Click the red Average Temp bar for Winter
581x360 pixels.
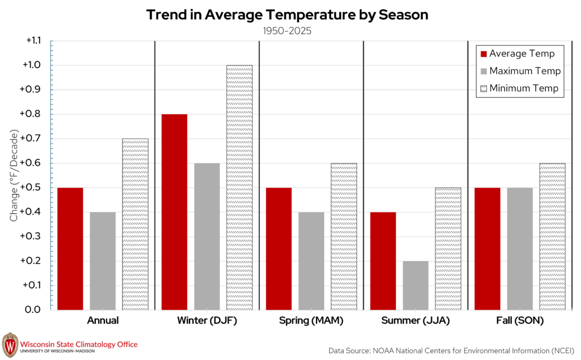click(175, 212)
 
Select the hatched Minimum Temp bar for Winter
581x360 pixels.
click(239, 187)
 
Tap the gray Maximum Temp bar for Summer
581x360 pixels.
click(415, 286)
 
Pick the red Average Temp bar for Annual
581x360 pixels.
click(70, 249)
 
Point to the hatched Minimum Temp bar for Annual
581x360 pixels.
click(135, 224)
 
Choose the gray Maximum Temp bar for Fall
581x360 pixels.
click(520, 249)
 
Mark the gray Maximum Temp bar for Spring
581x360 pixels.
click(311, 261)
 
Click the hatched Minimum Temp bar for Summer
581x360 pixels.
click(448, 249)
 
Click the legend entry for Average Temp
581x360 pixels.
click(517, 54)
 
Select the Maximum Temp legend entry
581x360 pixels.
click(521, 71)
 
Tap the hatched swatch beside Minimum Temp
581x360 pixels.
click(483, 89)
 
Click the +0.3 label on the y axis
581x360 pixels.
click(31, 236)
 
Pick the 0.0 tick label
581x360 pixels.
click(33, 309)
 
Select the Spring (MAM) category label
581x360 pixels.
click(311, 320)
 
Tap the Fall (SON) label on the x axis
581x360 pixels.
click(520, 320)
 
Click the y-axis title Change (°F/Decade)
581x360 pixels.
click(14, 175)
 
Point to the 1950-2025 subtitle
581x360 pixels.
click(287, 31)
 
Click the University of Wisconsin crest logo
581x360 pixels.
click(10, 345)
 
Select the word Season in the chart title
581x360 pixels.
click(403, 15)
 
